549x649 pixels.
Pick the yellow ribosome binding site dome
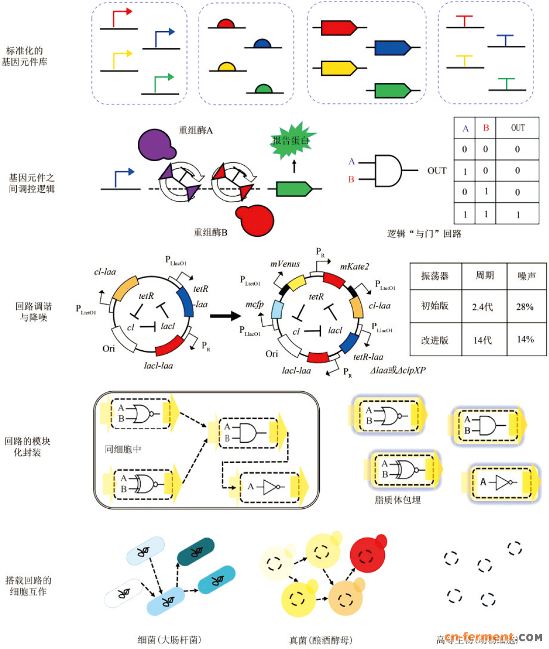tap(226, 67)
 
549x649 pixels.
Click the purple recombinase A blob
tap(156, 145)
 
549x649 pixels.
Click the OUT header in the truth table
tap(517, 128)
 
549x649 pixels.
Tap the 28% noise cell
tap(525, 306)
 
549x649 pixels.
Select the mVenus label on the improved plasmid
tap(285, 264)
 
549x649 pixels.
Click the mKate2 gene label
tap(354, 266)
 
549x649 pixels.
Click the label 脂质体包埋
tap(398, 500)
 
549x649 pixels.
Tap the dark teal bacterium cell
tap(196, 552)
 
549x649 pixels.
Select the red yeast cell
tap(368, 554)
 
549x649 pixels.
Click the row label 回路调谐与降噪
tap(34, 312)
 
